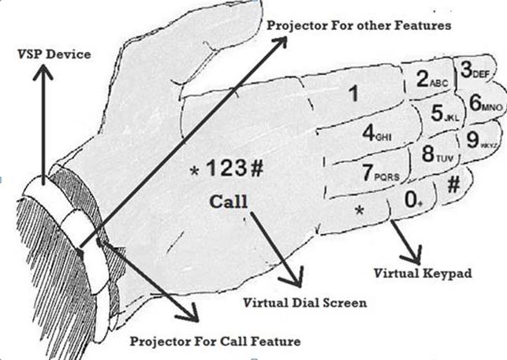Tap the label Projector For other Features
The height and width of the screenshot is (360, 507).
tap(358, 25)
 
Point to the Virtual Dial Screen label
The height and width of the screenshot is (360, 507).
tap(294, 302)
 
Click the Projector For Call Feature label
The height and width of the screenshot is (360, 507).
tap(216, 341)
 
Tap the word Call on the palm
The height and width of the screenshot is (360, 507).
tap(229, 201)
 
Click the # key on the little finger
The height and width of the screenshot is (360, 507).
tap(454, 186)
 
